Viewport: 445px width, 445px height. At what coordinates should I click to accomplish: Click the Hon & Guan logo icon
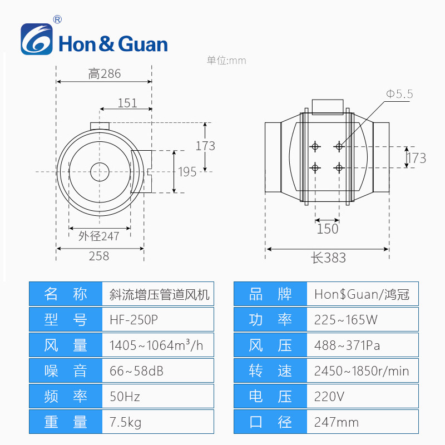(37, 39)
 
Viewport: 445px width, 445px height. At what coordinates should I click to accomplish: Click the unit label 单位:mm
(226, 61)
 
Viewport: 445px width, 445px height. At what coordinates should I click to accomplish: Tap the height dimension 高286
(104, 74)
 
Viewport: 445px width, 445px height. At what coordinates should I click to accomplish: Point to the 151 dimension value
(127, 103)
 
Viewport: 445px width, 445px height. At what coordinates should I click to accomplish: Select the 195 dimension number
(187, 172)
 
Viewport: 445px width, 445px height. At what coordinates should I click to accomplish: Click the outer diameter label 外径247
(99, 236)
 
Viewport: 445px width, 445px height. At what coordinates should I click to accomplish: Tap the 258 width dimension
(99, 256)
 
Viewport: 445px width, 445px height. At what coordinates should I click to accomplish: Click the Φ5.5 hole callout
(399, 94)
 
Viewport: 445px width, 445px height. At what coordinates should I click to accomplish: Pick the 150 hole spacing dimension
(327, 229)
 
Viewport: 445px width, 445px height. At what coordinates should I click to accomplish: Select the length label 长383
(328, 258)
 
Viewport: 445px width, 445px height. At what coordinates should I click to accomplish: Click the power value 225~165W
(346, 320)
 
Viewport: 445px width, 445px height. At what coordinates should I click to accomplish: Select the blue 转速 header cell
(270, 371)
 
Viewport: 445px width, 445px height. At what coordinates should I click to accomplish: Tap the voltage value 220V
(329, 397)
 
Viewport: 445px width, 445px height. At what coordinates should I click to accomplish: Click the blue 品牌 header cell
(270, 294)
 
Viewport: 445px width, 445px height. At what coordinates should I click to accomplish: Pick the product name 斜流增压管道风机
(156, 294)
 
